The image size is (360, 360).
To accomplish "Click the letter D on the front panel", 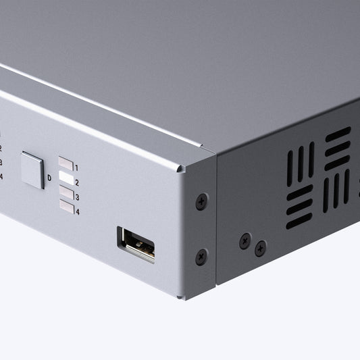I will click(49, 178).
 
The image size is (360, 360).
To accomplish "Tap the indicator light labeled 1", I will click(66, 163).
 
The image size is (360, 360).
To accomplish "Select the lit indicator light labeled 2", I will click(66, 178).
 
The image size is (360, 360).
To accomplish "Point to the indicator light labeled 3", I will click(66, 192).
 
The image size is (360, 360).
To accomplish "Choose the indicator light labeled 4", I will click(66, 207).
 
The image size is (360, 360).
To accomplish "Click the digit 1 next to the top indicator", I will click(77, 168).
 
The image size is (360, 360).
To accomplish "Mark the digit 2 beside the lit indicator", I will click(77, 182).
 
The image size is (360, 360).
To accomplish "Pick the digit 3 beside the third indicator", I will click(77, 197).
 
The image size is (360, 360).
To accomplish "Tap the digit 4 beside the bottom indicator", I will click(78, 212).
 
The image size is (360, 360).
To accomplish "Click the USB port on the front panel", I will click(136, 244).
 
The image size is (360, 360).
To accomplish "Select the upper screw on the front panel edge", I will click(201, 201).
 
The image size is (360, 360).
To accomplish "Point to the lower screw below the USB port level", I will click(201, 257).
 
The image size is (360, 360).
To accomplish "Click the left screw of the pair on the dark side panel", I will click(245, 240).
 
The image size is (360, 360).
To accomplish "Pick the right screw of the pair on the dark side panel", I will click(260, 249).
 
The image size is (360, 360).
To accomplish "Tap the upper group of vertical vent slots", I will click(301, 163).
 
